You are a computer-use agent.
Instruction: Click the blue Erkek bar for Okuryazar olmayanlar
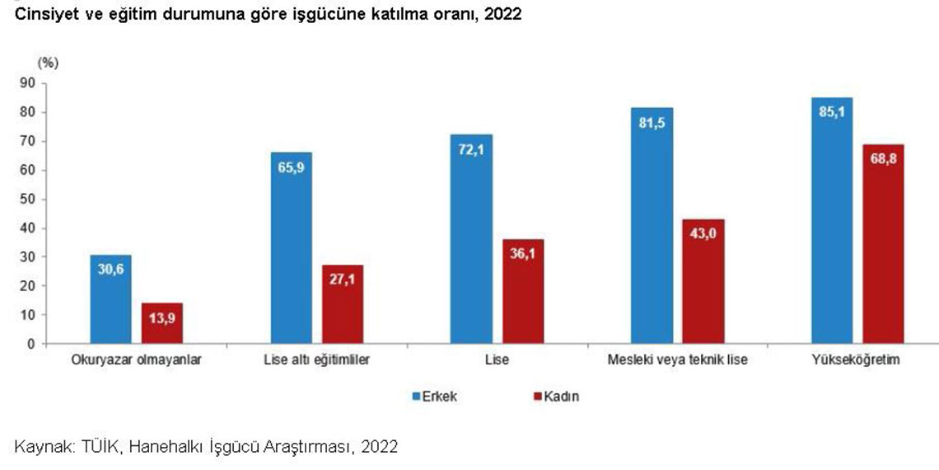pos(110,298)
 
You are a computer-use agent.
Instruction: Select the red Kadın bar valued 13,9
pos(162,323)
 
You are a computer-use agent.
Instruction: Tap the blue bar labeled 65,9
pos(292,247)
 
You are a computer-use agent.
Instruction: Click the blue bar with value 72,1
pos(472,238)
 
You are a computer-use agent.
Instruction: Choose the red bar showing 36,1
pos(523,291)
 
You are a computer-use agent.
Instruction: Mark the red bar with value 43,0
pos(704,281)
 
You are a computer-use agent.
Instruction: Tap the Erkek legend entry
pos(434,397)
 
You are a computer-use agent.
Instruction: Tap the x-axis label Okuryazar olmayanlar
pos(136,361)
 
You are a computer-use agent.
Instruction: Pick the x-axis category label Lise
pos(498,361)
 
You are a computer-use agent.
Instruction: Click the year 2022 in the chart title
pos(503,15)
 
